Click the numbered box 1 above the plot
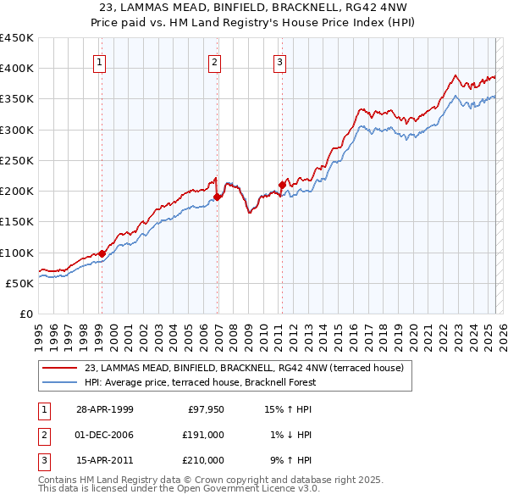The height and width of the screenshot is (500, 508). coord(100,61)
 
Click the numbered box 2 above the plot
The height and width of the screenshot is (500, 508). coord(215,61)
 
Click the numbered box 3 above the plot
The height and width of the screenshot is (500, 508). coord(279,61)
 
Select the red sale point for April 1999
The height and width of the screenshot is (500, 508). coord(102,253)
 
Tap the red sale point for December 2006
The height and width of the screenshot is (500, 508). coord(217,197)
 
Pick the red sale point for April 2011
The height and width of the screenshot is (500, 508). coord(282,185)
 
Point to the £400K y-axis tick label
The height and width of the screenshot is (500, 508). coord(17,69)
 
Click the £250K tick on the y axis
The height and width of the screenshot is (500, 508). coord(17,160)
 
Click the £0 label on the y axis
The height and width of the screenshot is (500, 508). coord(25,314)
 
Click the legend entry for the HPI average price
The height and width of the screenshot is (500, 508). coord(200,382)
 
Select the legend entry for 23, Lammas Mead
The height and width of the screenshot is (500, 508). coord(245,368)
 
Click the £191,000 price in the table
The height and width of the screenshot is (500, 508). coord(204,435)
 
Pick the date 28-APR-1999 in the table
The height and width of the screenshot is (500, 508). coord(105,409)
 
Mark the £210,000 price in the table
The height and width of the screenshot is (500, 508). coord(204,460)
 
